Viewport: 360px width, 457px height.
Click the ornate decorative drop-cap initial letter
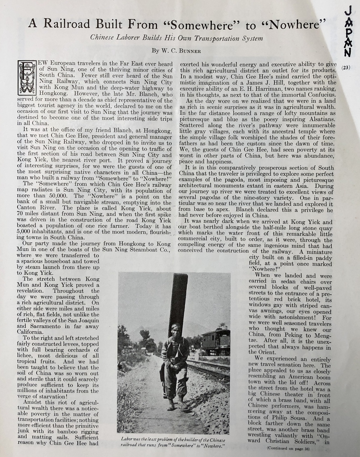[x=27, y=77]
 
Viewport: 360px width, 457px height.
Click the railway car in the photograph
[x=216, y=341]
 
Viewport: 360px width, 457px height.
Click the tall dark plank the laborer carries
[x=178, y=302]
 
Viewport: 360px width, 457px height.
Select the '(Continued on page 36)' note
[x=288, y=448]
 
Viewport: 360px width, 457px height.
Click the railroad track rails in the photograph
[x=209, y=367]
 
